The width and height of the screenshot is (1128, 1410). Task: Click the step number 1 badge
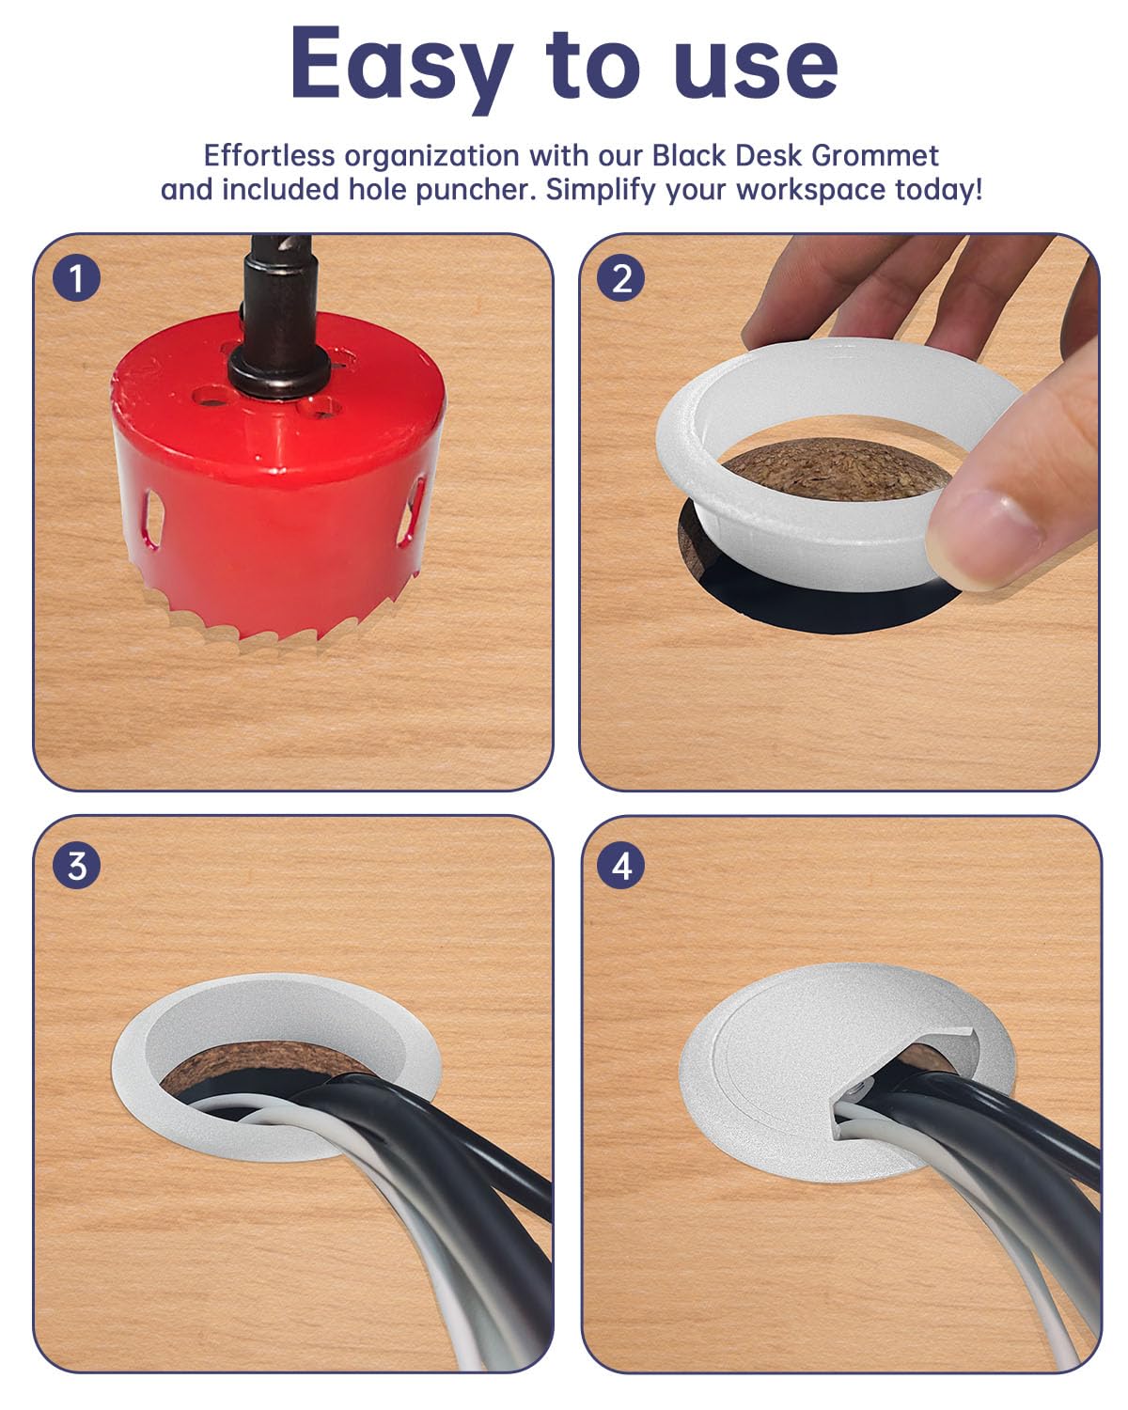click(x=76, y=278)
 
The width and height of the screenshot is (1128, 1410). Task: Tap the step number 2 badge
click(x=621, y=278)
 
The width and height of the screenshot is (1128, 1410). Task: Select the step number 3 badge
click(x=76, y=865)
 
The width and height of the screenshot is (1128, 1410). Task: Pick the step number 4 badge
click(x=621, y=865)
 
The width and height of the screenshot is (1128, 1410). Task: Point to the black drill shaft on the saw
click(x=279, y=301)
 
